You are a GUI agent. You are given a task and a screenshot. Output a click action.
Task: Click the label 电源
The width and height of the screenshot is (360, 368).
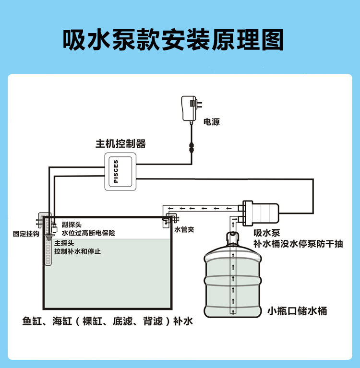point(212,122)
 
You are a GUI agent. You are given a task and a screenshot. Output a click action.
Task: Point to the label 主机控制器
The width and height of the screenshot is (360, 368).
point(120,143)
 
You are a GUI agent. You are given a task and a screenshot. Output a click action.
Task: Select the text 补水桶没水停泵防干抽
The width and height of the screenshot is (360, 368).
point(298,244)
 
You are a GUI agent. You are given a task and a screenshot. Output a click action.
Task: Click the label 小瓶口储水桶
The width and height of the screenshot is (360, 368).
point(298,310)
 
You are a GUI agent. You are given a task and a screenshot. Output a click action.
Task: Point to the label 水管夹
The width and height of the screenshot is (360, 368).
point(184,230)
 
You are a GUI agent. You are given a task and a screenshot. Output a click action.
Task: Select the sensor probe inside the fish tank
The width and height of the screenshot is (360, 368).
point(48,249)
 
